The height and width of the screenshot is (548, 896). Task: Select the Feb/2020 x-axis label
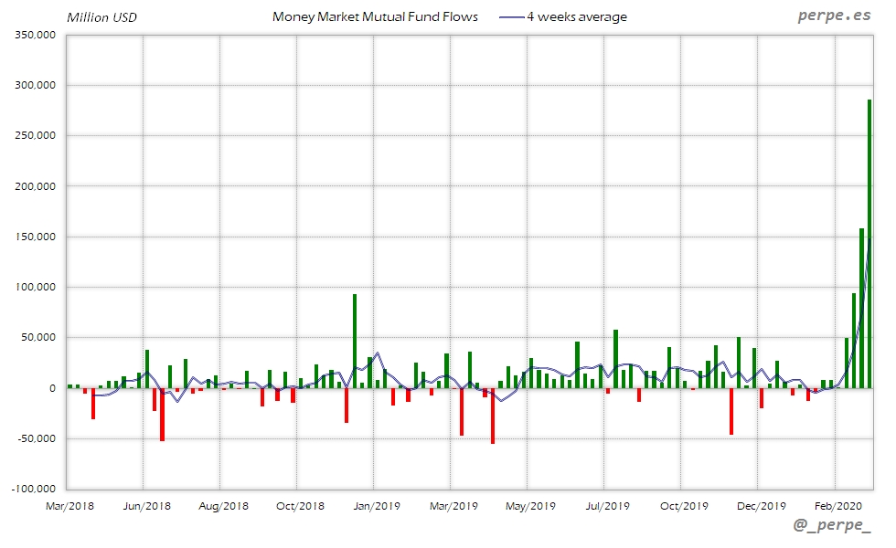(x=835, y=506)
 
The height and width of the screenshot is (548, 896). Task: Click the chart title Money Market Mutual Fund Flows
(x=375, y=16)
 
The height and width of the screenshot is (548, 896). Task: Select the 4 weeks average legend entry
(x=577, y=16)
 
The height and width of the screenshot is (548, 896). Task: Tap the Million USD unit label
(x=101, y=17)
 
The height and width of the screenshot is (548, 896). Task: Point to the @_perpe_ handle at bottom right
(x=832, y=527)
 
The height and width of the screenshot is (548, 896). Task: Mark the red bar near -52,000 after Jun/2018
(x=162, y=415)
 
